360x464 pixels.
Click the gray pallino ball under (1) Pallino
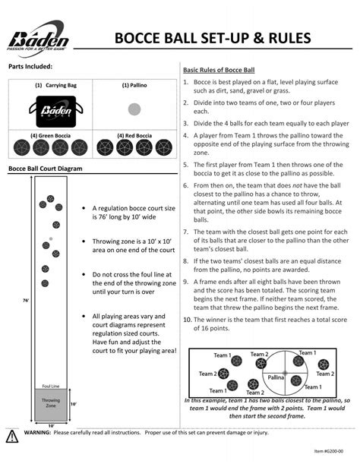134,109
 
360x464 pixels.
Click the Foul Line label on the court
51,385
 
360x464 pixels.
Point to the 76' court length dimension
27,301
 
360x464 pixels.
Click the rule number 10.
187,320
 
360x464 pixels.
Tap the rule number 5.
187,163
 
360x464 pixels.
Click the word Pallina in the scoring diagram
275,377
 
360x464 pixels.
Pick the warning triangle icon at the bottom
13,435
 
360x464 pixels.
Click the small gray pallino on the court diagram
50,239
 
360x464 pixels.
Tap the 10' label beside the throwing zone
73,405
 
